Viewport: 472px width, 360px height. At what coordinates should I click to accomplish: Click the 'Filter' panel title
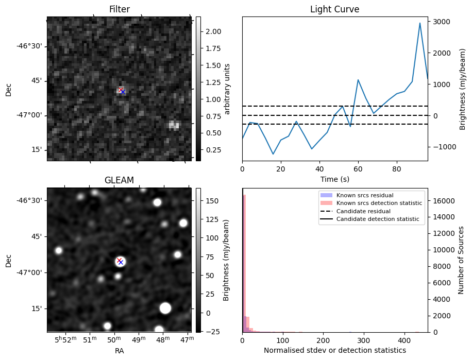click(x=120, y=9)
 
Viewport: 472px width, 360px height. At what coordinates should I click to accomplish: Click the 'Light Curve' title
click(x=334, y=9)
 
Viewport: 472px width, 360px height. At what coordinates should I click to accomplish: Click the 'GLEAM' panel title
click(x=120, y=180)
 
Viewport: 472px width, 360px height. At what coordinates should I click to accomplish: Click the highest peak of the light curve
click(x=420, y=23)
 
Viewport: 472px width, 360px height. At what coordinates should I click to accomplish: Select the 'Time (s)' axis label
click(x=334, y=178)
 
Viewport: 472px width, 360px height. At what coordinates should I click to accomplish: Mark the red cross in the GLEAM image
click(x=119, y=260)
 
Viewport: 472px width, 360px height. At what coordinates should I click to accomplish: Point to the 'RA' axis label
click(x=120, y=351)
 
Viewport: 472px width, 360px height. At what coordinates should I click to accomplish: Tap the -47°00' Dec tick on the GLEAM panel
click(x=33, y=272)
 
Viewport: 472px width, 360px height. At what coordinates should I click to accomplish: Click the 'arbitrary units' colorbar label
click(x=227, y=89)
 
